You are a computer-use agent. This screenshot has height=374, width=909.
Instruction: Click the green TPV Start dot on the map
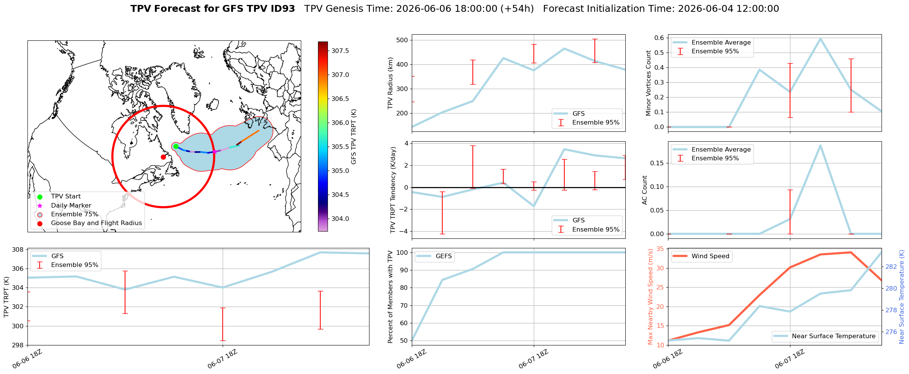point(176,146)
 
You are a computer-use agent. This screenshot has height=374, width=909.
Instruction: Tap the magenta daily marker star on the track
point(214,152)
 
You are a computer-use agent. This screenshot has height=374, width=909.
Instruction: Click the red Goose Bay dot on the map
point(163,157)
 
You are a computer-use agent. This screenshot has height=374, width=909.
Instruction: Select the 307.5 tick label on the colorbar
point(340,51)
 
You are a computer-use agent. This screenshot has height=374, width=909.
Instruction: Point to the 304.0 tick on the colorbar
point(340,219)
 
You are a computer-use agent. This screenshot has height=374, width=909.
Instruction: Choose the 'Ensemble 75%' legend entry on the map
point(69,214)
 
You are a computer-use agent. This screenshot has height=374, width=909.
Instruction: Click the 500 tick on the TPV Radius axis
point(403,40)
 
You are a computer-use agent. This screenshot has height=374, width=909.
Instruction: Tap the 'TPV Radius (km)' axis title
point(390,83)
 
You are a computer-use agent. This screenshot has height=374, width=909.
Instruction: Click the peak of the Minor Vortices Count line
point(820,38)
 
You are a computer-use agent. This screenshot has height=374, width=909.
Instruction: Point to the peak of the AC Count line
point(820,145)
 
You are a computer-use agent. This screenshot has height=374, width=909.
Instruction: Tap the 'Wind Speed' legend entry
point(701,256)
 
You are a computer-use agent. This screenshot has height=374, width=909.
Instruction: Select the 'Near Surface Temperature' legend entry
point(825,336)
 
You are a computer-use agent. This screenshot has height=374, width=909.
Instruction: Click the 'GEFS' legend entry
point(434,256)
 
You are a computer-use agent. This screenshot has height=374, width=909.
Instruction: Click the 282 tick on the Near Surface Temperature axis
point(891,267)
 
